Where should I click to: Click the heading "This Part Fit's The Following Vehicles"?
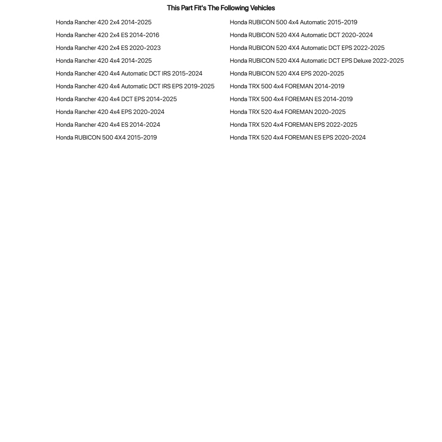pos(221,8)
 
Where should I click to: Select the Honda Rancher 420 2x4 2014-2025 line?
pos(104,22)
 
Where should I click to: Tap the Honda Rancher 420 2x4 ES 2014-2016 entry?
pos(107,35)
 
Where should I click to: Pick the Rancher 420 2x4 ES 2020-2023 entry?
pos(108,48)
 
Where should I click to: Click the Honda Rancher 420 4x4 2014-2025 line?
pos(104,60)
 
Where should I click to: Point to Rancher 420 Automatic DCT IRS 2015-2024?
pos(129,73)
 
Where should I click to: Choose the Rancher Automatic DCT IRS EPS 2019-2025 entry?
pos(135,86)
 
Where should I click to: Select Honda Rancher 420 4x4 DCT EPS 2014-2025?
pos(116,99)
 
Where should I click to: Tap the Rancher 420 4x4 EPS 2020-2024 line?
pos(110,112)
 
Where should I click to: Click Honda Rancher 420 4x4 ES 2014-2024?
pos(108,125)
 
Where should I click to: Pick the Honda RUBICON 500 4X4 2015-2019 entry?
pos(106,137)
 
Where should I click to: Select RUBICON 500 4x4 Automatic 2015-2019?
pos(294,22)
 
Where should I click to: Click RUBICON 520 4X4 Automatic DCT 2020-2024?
pos(301,35)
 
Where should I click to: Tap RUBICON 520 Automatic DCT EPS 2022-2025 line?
pos(307,48)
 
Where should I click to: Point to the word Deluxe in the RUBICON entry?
pos(362,60)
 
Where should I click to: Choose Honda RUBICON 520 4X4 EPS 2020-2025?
pos(287,73)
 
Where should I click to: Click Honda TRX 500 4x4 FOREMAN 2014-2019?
pos(287,86)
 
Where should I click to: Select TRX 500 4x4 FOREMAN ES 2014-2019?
pos(291,99)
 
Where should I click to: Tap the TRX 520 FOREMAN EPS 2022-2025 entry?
pos(294,125)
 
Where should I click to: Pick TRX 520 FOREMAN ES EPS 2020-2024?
pos(298,137)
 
